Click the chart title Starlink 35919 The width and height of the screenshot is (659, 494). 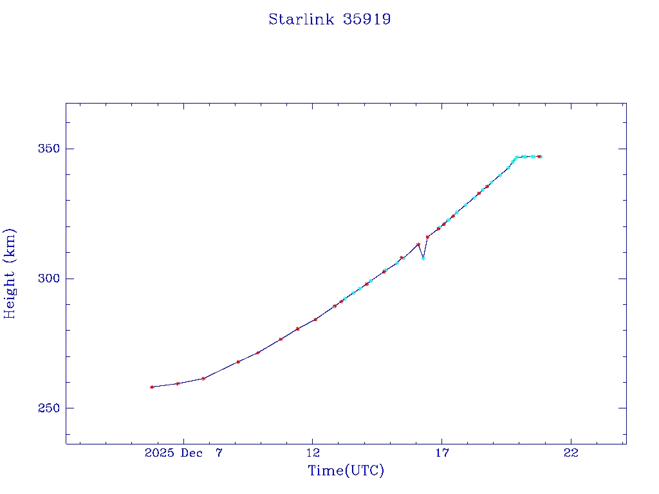coord(329,19)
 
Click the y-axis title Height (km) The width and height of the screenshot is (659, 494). coord(10,273)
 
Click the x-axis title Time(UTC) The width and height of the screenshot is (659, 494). coord(346,471)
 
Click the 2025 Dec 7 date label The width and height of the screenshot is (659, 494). coord(184,453)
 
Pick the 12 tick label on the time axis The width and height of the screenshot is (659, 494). coord(313,453)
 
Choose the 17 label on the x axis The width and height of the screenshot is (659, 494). coord(441,453)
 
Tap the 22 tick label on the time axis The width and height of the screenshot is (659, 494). coord(571,453)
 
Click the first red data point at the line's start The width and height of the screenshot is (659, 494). coord(152,387)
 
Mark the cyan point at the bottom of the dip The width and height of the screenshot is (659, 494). coord(423,258)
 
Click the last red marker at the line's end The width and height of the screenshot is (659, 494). coord(539,156)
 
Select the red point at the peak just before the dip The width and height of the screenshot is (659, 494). coord(418,244)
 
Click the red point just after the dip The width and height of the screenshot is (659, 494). coord(427,237)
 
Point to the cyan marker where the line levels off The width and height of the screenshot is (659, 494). coord(516,157)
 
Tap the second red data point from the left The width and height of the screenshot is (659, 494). coord(178,383)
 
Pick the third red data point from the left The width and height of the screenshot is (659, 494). coord(203,378)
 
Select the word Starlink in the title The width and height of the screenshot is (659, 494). coord(301,19)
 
